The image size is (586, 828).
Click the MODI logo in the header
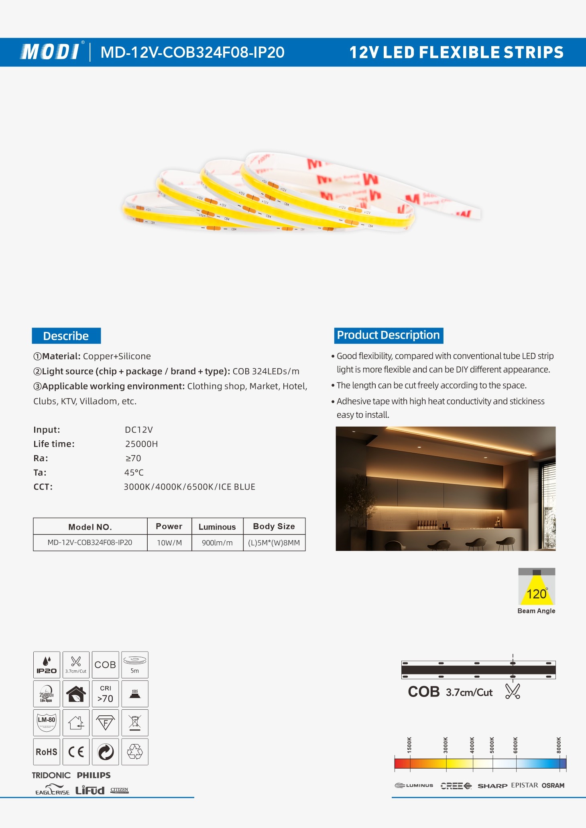point(51,52)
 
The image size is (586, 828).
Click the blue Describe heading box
point(66,336)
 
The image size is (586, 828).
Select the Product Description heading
point(388,335)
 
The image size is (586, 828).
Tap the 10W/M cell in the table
point(169,543)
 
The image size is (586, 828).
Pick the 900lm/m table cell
point(217,543)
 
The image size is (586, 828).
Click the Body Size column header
point(274,526)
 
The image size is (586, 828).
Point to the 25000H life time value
point(141,444)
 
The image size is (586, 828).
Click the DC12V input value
point(138,429)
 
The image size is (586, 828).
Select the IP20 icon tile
point(47,664)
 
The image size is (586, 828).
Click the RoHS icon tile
point(47,752)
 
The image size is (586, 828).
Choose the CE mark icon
point(76,752)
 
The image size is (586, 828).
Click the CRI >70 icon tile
point(105,694)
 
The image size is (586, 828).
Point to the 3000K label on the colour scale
point(446,745)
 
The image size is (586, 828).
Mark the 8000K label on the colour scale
point(559,745)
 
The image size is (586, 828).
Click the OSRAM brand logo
point(553,785)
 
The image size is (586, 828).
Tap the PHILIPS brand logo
point(94,775)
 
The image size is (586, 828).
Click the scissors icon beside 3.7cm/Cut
point(513,691)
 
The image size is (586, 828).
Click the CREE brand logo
point(456,785)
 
